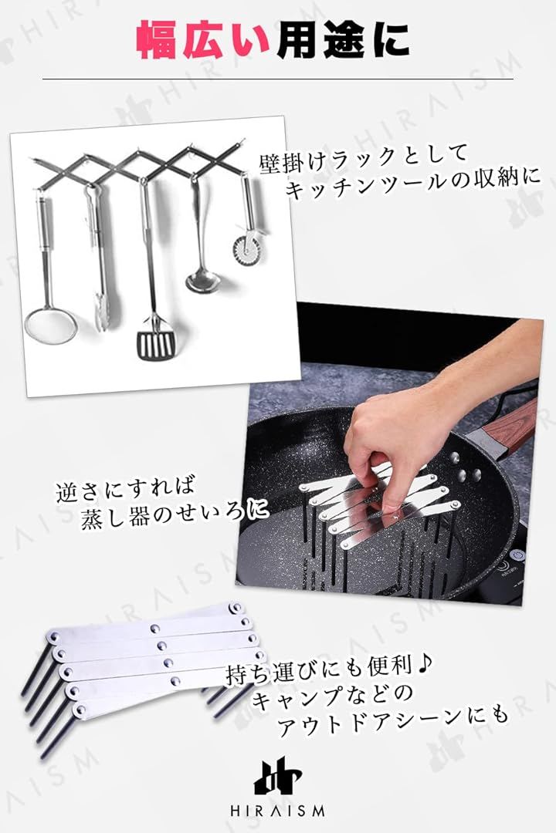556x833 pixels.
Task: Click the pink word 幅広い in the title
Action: (x=202, y=41)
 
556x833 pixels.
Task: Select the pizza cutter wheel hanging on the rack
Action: (x=247, y=247)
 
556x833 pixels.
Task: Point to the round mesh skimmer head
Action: (x=50, y=326)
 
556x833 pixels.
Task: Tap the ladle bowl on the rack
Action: (x=202, y=281)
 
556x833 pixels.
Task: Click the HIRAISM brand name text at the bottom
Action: (x=277, y=811)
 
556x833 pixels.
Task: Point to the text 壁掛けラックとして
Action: (x=364, y=158)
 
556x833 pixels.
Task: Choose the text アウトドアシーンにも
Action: (x=393, y=723)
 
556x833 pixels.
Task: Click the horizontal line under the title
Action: (x=278, y=79)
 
